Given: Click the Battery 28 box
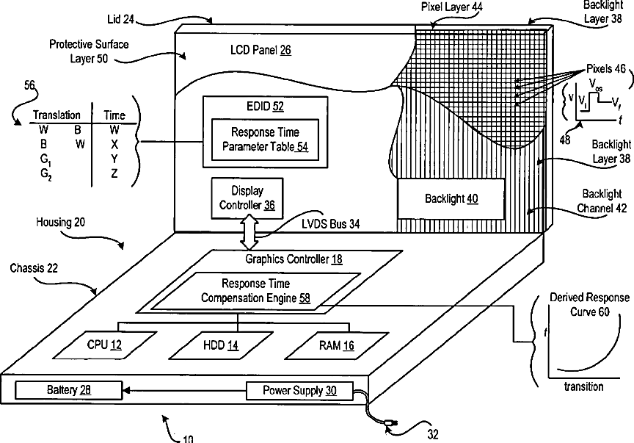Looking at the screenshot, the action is [x=68, y=390].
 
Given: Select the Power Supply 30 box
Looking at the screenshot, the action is [x=299, y=390].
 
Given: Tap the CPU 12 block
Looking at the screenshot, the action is [x=104, y=345].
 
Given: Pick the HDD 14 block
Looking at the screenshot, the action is [x=221, y=345].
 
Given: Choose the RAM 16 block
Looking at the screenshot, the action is [x=336, y=345].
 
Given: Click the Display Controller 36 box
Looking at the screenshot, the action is [x=247, y=198].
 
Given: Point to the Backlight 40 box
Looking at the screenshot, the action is [x=451, y=199].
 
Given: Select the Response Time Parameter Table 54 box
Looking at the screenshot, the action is [x=265, y=140].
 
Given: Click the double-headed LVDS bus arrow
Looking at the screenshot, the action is [x=249, y=232].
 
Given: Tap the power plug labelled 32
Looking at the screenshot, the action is [x=390, y=422].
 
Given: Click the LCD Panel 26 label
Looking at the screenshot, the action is [x=260, y=50].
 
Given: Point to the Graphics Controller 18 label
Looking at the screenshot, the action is [x=294, y=259].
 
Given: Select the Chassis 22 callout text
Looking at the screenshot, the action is [x=34, y=268].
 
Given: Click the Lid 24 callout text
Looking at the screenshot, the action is [x=120, y=19].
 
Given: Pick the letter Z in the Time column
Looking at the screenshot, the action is [x=114, y=173].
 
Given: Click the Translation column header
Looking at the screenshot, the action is [x=57, y=115].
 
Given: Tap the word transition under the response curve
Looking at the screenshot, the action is [x=584, y=386].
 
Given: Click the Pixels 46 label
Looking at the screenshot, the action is [x=605, y=69].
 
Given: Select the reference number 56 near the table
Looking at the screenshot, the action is [x=29, y=85].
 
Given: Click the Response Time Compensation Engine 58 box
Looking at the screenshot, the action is [x=255, y=291].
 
